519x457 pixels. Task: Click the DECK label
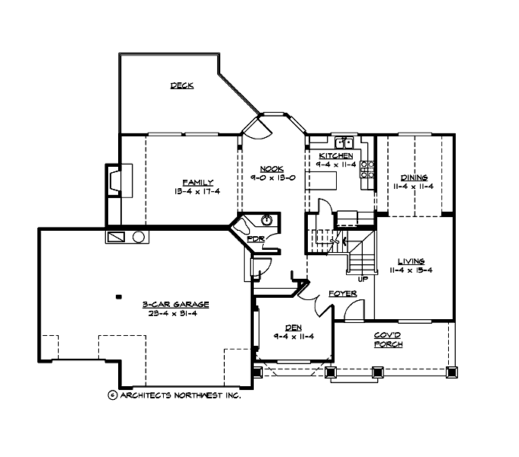(x=181, y=85)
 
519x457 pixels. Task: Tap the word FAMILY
(x=197, y=182)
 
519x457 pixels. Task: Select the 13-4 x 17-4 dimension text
(x=197, y=192)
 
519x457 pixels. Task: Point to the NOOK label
(x=271, y=168)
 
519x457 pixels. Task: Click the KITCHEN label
(x=335, y=155)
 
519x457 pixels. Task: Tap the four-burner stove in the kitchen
(x=367, y=169)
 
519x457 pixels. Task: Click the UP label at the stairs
(x=363, y=279)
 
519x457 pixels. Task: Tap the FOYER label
(x=340, y=293)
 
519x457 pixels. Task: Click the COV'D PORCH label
(x=388, y=340)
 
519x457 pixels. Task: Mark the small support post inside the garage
(x=118, y=296)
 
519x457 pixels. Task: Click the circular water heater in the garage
(x=139, y=237)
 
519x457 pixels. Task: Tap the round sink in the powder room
(x=266, y=221)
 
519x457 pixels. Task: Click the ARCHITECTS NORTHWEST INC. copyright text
(x=175, y=395)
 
